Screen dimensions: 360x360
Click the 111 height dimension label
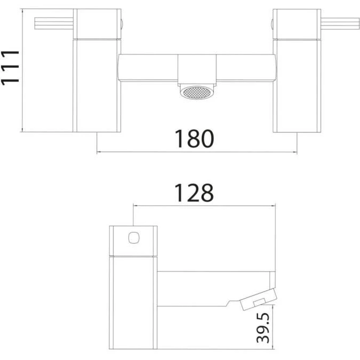click(10, 67)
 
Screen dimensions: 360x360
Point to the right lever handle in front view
click(342, 22)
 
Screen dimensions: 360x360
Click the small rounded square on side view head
click(134, 236)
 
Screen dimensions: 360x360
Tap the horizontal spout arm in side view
click(213, 288)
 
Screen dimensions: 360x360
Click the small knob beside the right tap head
click(273, 23)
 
